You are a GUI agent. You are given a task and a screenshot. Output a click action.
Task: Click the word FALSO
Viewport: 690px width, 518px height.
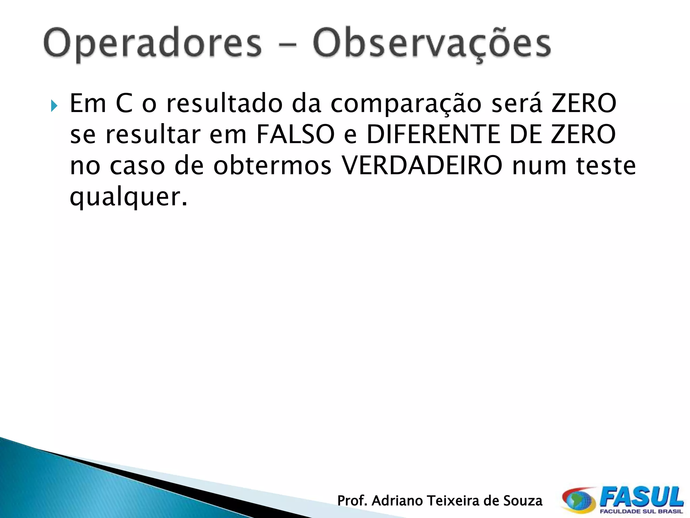pyautogui.click(x=295, y=134)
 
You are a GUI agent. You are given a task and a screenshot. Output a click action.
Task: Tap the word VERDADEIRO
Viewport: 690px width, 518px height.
pyautogui.click(x=422, y=166)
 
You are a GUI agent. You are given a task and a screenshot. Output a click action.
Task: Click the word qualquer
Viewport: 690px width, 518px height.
pyautogui.click(x=128, y=197)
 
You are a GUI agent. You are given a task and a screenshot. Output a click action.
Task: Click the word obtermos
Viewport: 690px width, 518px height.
pyautogui.click(x=273, y=166)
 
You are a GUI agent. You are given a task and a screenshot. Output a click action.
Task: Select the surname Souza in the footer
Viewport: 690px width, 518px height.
pyautogui.click(x=523, y=501)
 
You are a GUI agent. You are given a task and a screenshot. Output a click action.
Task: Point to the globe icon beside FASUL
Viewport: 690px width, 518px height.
pyautogui.click(x=578, y=500)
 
